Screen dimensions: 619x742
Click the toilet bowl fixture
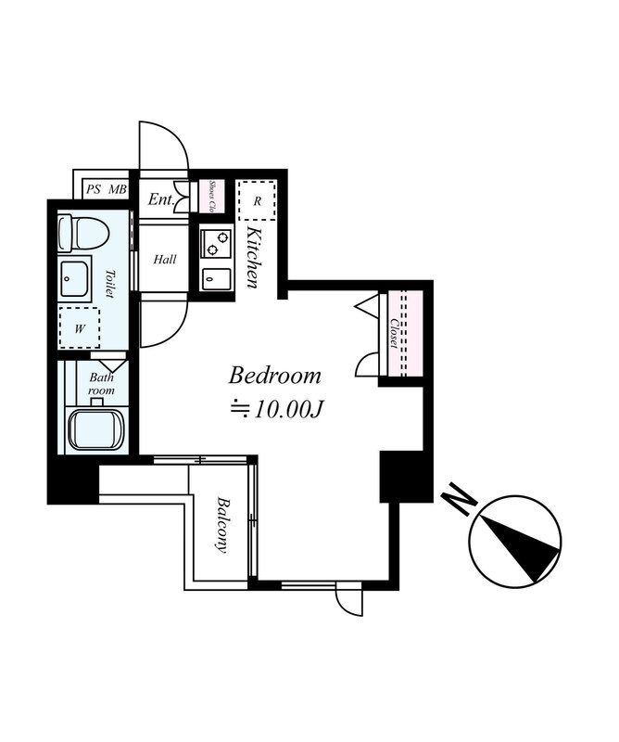(83, 234)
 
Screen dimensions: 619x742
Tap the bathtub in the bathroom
(96, 429)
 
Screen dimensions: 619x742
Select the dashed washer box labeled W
(80, 328)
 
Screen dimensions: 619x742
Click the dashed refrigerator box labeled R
(257, 200)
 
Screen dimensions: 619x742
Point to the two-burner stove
(216, 243)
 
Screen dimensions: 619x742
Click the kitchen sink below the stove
(216, 279)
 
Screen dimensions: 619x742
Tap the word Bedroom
(274, 377)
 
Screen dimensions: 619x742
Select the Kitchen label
(254, 258)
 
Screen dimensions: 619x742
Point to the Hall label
(165, 260)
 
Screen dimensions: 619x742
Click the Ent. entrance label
(161, 199)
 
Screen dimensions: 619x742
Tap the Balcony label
(221, 524)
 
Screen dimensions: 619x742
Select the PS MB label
(107, 190)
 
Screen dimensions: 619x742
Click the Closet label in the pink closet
(394, 334)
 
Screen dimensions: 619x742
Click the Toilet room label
(109, 284)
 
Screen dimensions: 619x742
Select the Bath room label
(102, 384)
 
